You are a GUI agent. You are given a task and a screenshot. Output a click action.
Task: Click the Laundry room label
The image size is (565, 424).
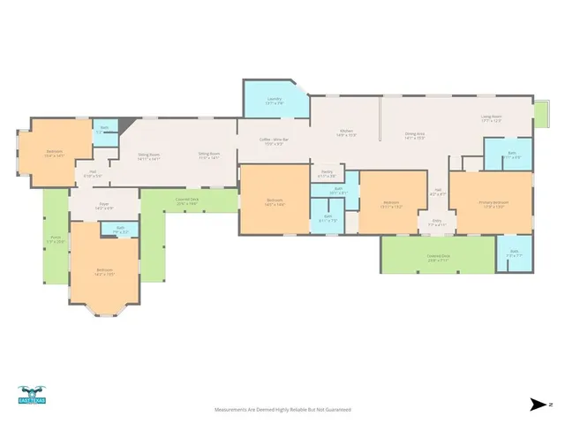tap(274, 102)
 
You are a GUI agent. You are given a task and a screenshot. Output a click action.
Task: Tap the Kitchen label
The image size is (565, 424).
tap(346, 134)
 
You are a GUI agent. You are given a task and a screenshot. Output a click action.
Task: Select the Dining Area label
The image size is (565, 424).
tap(415, 136)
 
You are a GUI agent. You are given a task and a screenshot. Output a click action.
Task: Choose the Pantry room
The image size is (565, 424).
tap(326, 175)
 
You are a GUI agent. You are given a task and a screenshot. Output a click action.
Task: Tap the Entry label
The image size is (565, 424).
tap(435, 223)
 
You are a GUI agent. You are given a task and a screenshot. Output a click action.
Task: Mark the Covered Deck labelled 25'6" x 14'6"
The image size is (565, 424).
tap(187, 201)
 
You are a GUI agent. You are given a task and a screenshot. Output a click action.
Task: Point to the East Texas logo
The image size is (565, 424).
tap(34, 395)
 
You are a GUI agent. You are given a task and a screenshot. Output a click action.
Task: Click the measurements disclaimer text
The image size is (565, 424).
tap(282, 410)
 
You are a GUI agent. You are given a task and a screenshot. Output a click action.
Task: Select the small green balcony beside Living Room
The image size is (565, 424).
tap(540, 113)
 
